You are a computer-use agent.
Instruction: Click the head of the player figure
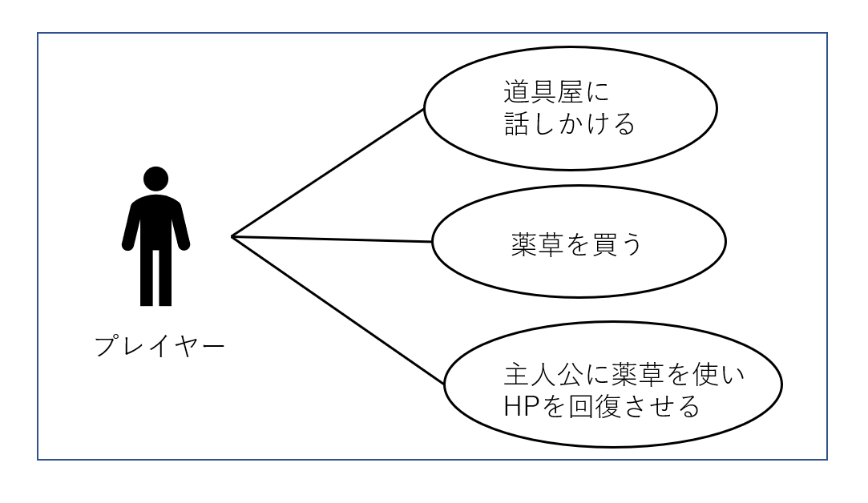coord(155,179)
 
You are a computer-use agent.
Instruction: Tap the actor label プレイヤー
coord(159,346)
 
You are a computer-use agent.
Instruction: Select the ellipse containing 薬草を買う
coord(579,242)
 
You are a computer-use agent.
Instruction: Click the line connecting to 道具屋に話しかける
coord(328,173)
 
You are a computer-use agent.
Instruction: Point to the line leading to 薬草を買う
coord(332,239)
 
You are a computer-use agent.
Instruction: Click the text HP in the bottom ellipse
coord(522,407)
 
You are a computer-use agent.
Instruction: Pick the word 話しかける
coord(570,124)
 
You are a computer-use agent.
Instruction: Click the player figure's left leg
coord(146,278)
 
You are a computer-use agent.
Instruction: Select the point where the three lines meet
coord(232,237)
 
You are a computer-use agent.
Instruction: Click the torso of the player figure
coord(155,221)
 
